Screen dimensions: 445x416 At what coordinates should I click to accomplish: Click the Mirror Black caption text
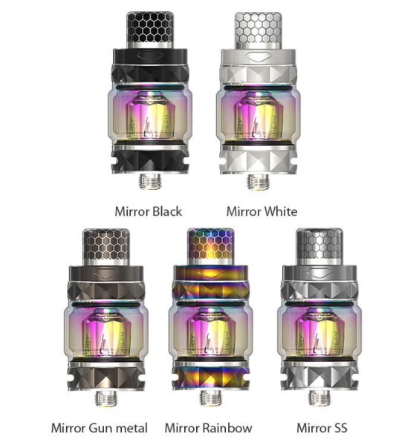(149, 211)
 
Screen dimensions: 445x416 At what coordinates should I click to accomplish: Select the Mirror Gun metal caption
(100, 428)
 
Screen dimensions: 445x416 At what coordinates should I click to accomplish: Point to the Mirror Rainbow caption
(208, 428)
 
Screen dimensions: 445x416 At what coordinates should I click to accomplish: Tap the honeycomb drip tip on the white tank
(256, 30)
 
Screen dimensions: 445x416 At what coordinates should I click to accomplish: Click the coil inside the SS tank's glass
(317, 326)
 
